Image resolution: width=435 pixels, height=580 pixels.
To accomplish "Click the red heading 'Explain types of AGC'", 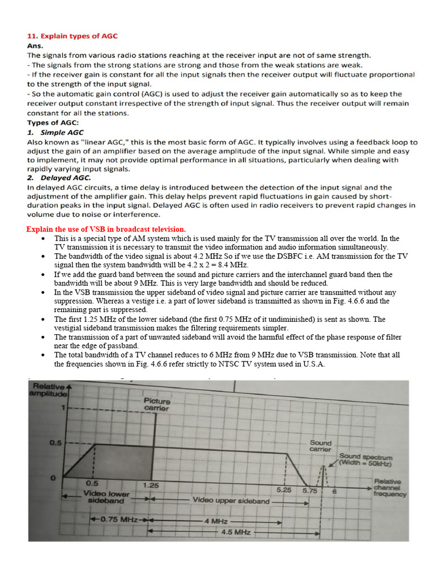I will [x=72, y=36].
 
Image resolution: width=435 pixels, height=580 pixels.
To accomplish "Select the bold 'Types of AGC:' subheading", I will [x=53, y=123].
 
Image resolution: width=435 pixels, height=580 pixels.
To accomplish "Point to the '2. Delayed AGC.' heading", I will [x=59, y=178].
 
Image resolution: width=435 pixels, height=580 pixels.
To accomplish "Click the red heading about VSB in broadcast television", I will [x=106, y=229].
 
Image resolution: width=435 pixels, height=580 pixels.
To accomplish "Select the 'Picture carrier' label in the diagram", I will [x=156, y=404].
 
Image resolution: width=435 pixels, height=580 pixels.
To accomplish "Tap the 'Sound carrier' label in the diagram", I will [x=321, y=445].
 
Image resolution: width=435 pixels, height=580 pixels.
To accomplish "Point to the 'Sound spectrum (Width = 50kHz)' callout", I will [x=365, y=459].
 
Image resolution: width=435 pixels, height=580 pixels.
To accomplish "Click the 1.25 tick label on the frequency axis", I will [x=151, y=485].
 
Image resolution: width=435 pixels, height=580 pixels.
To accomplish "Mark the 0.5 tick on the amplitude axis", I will [x=55, y=443].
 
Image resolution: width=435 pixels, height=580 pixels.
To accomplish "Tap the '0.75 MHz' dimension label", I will [x=120, y=519].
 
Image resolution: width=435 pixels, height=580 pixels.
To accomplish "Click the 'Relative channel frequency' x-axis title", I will [x=390, y=488].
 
